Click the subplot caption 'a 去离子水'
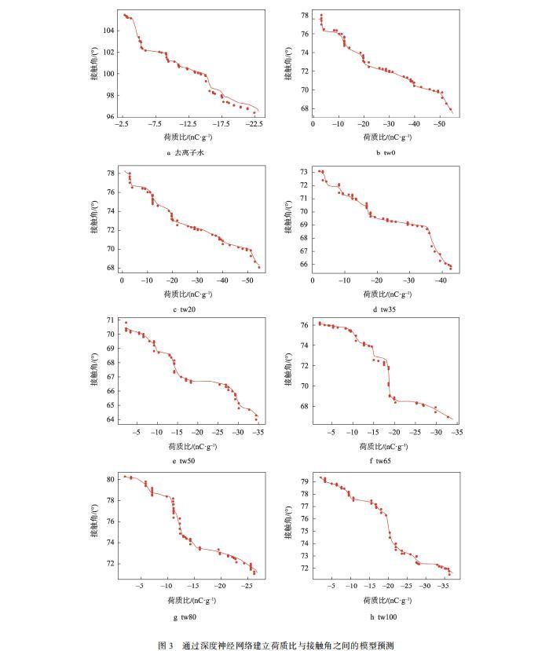189,153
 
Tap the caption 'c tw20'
189,309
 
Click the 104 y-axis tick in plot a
108,31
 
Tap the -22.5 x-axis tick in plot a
253,124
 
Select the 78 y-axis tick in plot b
304,15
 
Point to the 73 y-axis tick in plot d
304,171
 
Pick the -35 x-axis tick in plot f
457,433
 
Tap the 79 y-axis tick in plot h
304,480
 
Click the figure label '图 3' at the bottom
166,645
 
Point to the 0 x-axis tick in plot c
123,280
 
